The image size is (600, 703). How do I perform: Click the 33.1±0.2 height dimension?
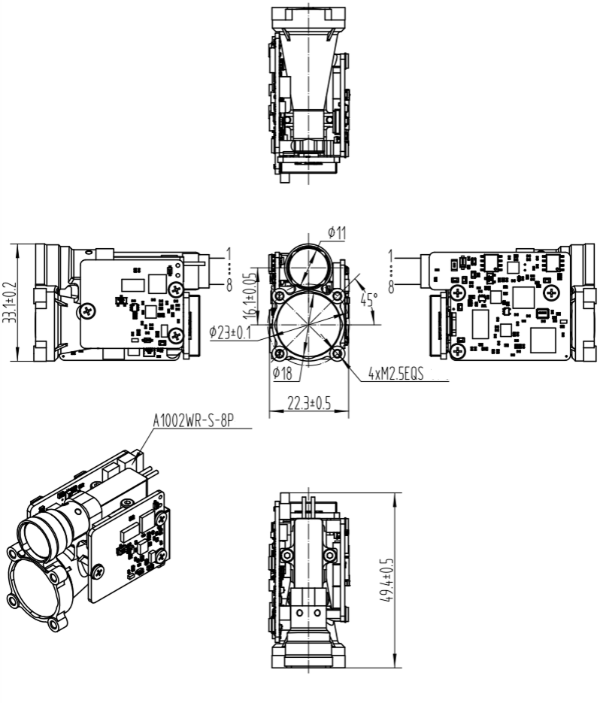tap(9, 302)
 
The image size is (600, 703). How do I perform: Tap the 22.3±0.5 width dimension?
tap(308, 403)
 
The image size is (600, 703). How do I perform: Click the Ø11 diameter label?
tap(337, 233)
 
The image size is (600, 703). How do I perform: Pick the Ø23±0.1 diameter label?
tap(230, 332)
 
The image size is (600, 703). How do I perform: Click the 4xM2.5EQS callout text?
tap(395, 373)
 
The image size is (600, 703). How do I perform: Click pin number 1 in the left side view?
tap(228, 254)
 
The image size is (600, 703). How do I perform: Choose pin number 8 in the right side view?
tap(392, 286)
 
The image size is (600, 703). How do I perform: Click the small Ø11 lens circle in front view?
tap(308, 265)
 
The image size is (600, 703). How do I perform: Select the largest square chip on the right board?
tap(544, 340)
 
